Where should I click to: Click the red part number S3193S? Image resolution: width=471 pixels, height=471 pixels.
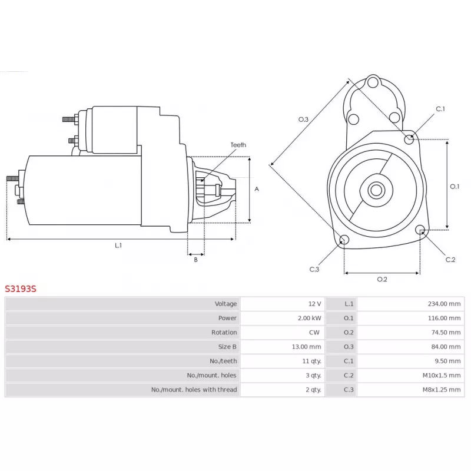click(x=21, y=288)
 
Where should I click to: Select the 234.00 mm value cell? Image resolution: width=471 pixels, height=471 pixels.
click(x=444, y=304)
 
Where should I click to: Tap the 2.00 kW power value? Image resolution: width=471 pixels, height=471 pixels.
click(x=310, y=318)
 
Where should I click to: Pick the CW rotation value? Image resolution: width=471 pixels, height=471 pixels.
click(x=314, y=332)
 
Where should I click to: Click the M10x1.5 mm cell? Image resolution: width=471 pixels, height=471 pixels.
click(x=441, y=375)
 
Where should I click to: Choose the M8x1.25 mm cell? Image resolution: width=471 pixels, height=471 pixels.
click(x=441, y=390)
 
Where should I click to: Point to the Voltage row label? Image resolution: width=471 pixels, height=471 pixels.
click(x=225, y=304)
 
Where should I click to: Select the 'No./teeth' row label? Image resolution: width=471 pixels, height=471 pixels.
click(x=223, y=361)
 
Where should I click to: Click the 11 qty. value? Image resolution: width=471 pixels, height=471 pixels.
click(x=311, y=361)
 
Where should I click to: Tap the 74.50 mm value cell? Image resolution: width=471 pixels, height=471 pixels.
click(x=446, y=332)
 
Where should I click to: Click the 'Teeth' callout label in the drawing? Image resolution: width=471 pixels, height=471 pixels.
click(x=238, y=145)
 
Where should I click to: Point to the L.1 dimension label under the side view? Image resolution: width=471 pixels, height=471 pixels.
click(x=118, y=246)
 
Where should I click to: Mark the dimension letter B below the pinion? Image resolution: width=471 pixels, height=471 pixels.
click(x=196, y=260)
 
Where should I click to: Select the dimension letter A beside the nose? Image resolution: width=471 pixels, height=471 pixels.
click(x=257, y=189)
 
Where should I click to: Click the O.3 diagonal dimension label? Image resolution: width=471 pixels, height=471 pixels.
click(x=303, y=120)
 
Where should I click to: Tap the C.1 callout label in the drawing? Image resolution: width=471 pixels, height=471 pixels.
click(x=440, y=109)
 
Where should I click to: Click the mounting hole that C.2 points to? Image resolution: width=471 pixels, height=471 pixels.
click(x=420, y=230)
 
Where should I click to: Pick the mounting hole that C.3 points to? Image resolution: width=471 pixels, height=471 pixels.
click(x=344, y=240)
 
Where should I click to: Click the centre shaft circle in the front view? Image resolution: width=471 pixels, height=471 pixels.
click(x=376, y=190)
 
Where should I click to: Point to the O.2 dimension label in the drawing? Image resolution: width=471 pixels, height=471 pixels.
click(x=382, y=279)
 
